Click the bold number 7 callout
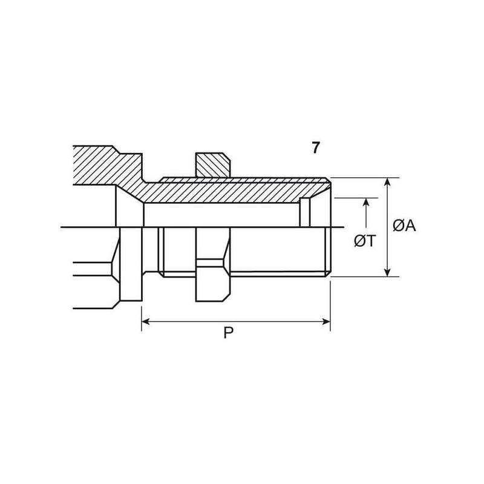tap(315, 148)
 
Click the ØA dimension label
tap(404, 225)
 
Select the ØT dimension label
tap(365, 241)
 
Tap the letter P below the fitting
tap(229, 333)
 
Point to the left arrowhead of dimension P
tap(146, 322)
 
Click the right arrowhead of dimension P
tap(326, 322)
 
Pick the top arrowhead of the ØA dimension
tap(388, 182)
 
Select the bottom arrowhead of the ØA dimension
tap(388, 272)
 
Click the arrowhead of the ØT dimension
tap(366, 203)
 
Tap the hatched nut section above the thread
tap(212, 165)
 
